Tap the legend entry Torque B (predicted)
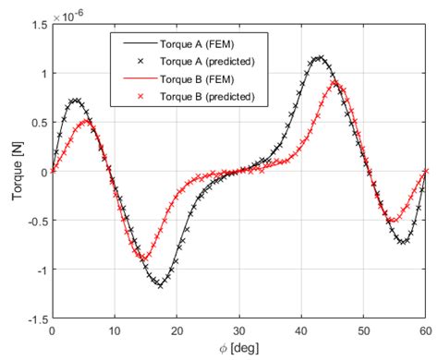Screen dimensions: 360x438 pyautogui.click(x=202, y=96)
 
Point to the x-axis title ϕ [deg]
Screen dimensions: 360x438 pyautogui.click(x=239, y=350)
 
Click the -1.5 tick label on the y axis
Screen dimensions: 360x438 pyautogui.click(x=34, y=318)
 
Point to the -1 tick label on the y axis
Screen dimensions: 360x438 pyautogui.click(x=39, y=270)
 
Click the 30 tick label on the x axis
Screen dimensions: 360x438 pyautogui.click(x=239, y=330)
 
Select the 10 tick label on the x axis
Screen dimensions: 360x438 pyautogui.click(x=115, y=330)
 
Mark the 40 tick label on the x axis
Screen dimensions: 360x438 pyautogui.click(x=301, y=330)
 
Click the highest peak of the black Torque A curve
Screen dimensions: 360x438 pyautogui.click(x=319, y=57)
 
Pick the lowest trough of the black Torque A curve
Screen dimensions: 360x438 pyautogui.click(x=159, y=285)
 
